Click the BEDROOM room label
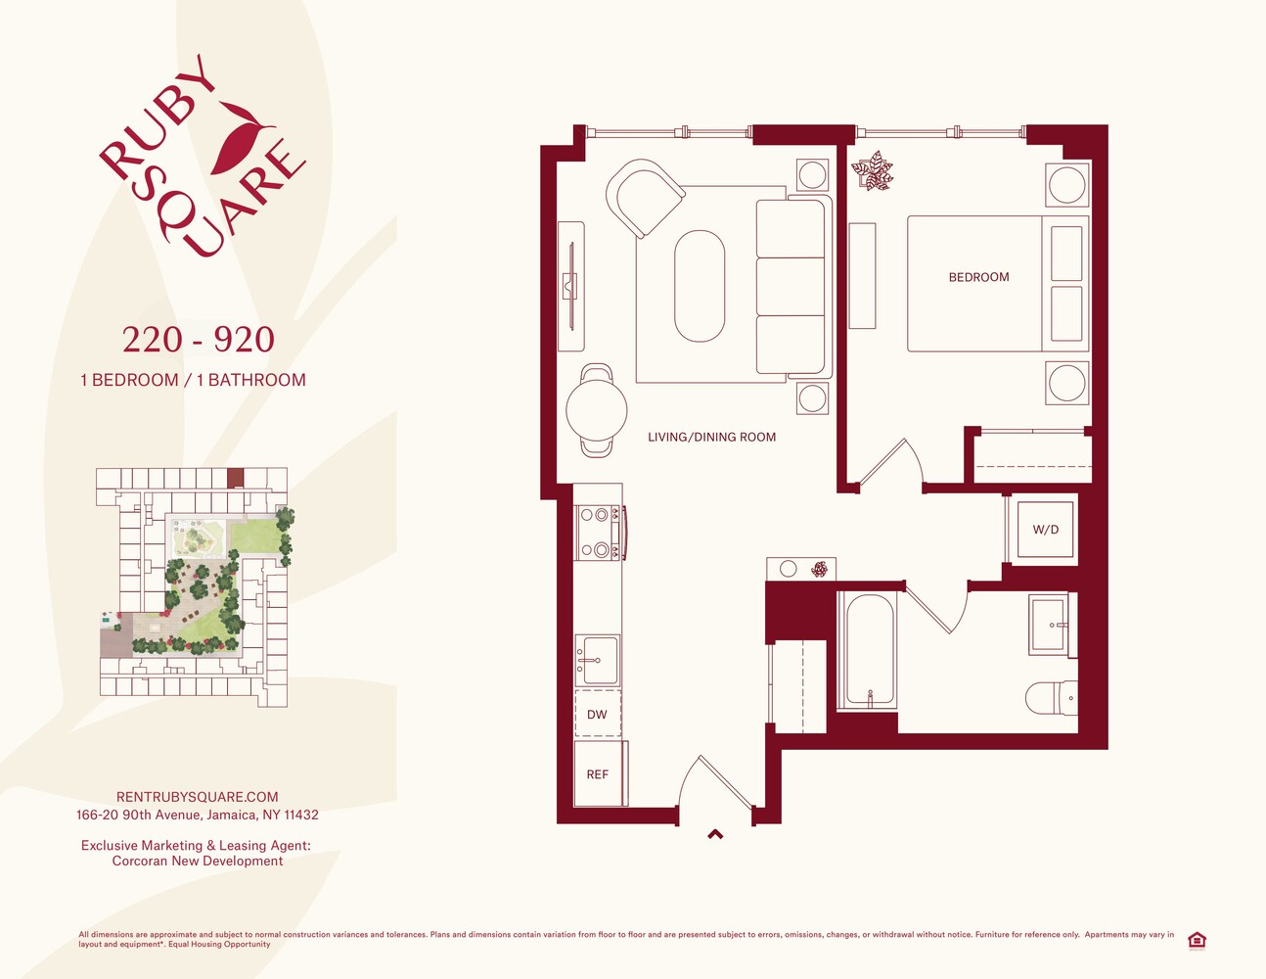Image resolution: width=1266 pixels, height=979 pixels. (978, 277)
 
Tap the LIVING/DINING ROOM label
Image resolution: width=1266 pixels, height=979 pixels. (711, 437)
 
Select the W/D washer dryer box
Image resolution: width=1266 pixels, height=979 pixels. (1045, 529)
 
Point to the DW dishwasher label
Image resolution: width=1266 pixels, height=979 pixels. (597, 715)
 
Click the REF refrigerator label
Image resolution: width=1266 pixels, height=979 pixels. (597, 774)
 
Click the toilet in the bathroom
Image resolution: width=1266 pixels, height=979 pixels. (1052, 697)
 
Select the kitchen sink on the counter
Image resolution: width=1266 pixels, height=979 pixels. (597, 660)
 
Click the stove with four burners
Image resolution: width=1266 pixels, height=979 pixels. (600, 532)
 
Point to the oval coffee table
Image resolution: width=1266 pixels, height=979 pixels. (700, 286)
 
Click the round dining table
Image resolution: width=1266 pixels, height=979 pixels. (597, 409)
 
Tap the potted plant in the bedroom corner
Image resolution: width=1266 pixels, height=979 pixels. (872, 170)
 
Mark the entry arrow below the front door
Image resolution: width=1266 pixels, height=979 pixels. (715, 834)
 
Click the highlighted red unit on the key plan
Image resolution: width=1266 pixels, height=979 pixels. (235, 478)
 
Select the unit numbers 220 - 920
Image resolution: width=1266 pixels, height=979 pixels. (198, 339)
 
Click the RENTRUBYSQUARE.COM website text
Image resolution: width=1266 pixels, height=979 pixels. (198, 797)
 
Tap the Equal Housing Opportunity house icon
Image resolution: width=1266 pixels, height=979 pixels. (1197, 941)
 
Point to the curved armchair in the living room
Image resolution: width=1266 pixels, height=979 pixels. (645, 198)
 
